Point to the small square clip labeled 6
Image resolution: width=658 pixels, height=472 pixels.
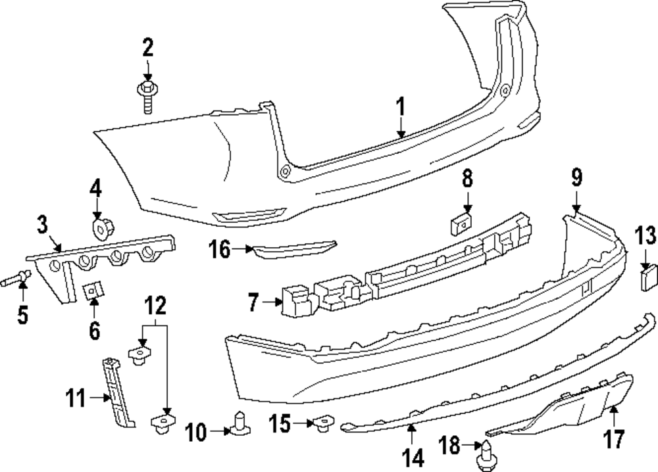[93, 289]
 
